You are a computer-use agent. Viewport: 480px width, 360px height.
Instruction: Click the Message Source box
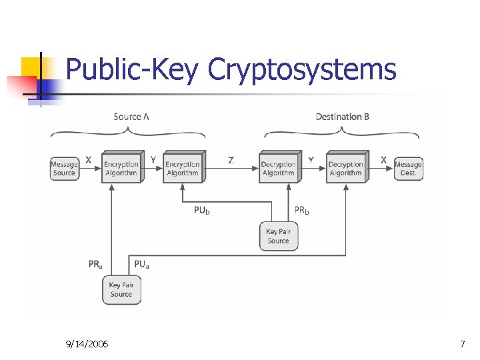tap(64, 169)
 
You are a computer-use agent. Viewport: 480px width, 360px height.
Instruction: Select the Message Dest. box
tap(408, 169)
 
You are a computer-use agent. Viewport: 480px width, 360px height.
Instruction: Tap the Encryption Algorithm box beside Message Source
tap(121, 168)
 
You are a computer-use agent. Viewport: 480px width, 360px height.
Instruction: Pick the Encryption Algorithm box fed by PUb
tap(182, 168)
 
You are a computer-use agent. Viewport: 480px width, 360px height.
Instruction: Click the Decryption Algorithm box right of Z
tap(278, 168)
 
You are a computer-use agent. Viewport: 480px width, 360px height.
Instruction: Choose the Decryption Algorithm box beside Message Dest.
tap(345, 168)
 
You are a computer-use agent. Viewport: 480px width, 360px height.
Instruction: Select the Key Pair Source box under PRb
tap(278, 236)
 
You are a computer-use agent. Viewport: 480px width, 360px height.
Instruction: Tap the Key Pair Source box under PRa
tap(121, 289)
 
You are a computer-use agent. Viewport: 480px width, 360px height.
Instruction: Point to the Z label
tap(231, 160)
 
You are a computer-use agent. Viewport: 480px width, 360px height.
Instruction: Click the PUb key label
tap(202, 211)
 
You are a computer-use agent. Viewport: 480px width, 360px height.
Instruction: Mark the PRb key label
tap(302, 211)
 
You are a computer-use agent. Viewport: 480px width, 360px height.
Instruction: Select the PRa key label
tap(96, 264)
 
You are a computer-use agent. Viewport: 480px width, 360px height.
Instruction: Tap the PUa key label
tap(141, 264)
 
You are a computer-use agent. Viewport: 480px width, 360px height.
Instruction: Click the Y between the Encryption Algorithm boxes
tap(153, 160)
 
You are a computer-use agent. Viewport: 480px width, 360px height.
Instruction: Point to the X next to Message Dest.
tap(383, 160)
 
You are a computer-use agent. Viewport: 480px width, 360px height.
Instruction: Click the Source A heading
tap(131, 117)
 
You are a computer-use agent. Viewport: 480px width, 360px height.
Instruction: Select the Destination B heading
tap(343, 117)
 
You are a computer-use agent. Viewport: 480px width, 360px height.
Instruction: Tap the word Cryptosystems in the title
tap(302, 69)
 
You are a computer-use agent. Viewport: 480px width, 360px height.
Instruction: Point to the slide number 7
tap(462, 344)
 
